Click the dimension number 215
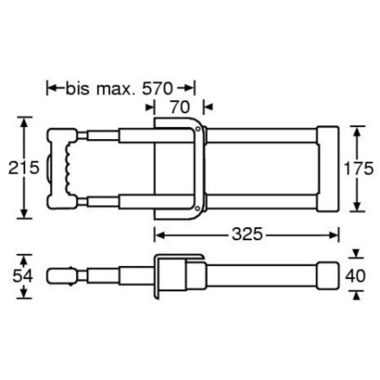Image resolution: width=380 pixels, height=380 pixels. coord(23,167)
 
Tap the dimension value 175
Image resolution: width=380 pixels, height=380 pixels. coord(358,169)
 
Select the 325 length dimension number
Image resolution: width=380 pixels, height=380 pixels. coord(247,234)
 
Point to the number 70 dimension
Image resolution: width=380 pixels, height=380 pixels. coord(180,108)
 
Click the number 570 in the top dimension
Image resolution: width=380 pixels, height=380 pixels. coord(158,88)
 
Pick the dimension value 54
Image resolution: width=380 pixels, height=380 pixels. coord(23,276)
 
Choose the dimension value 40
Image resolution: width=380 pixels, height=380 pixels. coord(356,276)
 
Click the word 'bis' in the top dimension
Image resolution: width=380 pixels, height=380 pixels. coord(78,88)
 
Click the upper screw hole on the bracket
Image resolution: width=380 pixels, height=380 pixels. coord(197,129)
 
